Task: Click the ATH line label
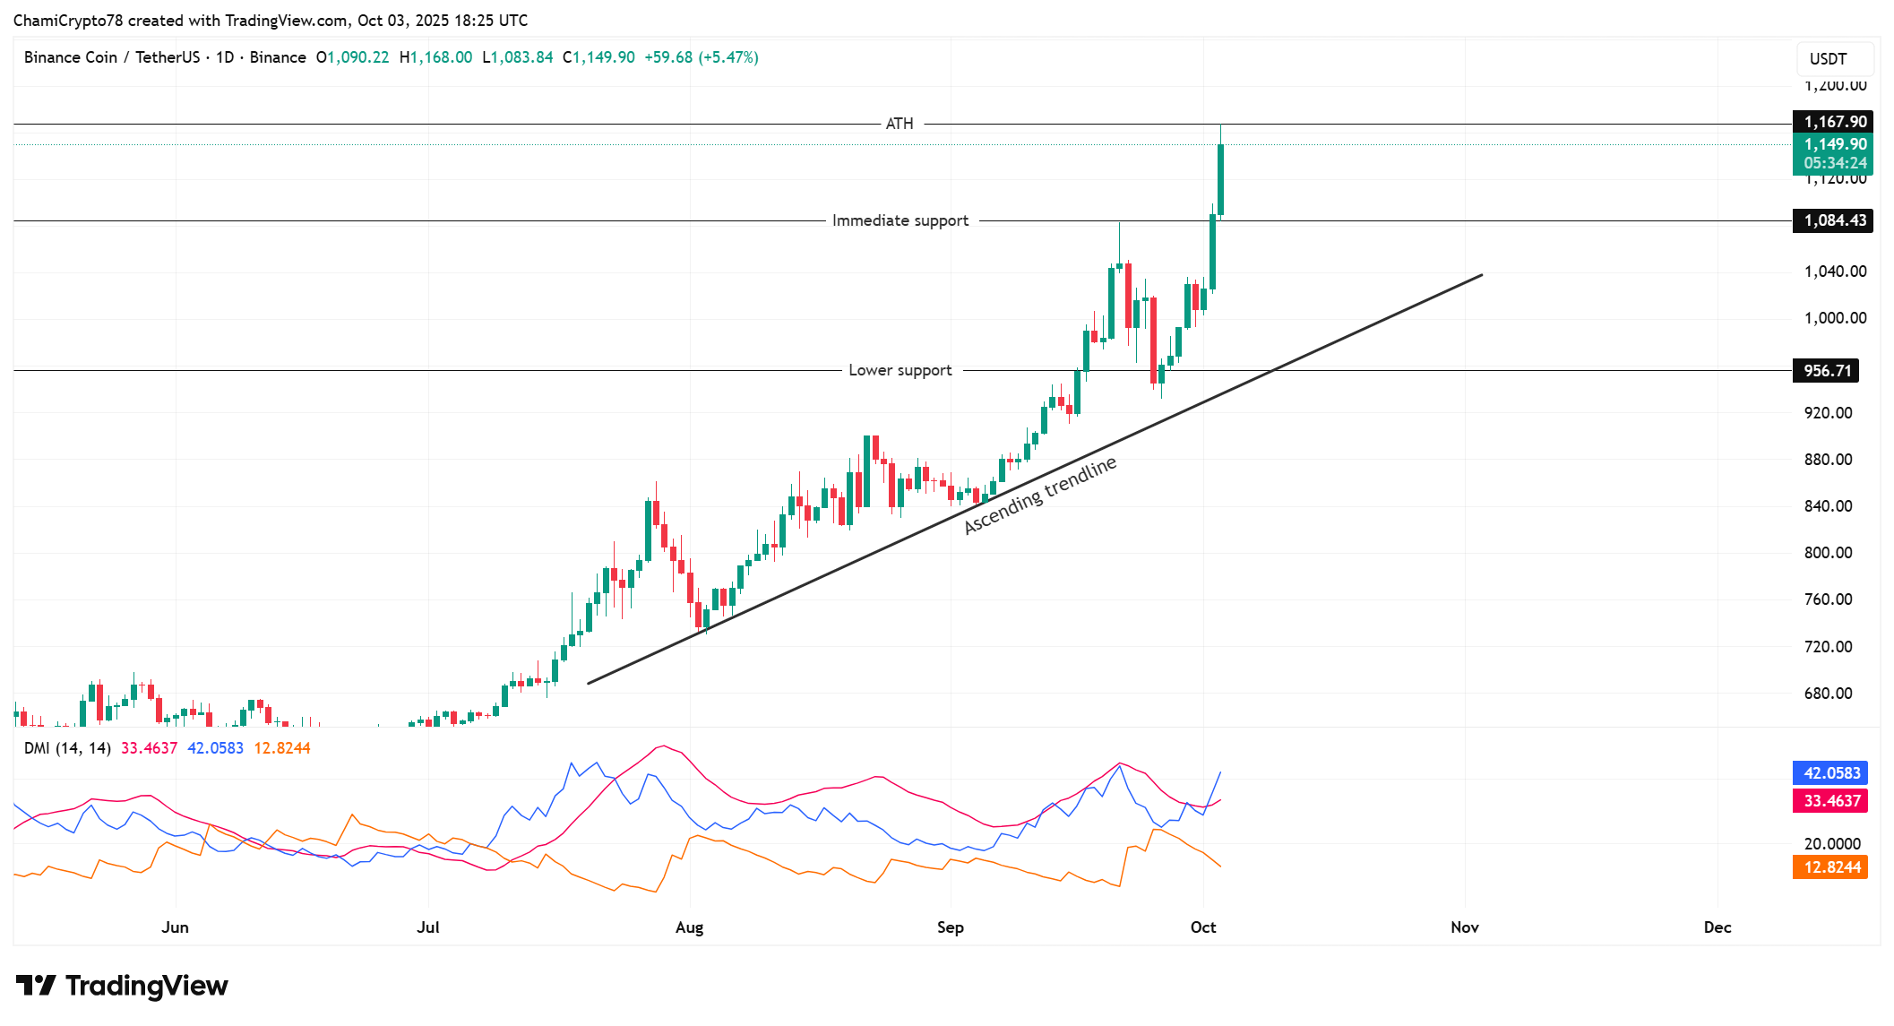(x=900, y=124)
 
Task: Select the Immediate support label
(x=900, y=220)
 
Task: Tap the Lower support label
(x=900, y=370)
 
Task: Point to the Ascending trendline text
(x=1040, y=495)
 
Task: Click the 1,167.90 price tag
(x=1835, y=122)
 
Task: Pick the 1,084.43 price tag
(x=1835, y=220)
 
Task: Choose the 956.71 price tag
(x=1827, y=371)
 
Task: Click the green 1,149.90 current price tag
(x=1835, y=144)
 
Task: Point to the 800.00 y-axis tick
(x=1828, y=553)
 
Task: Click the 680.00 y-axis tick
(x=1828, y=694)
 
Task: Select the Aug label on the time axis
(x=689, y=927)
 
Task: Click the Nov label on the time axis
(x=1464, y=927)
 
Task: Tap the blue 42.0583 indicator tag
(x=1831, y=773)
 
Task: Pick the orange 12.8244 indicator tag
(x=1831, y=867)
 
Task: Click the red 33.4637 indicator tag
(x=1831, y=801)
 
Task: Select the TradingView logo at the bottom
(x=122, y=986)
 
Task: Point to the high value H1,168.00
(x=435, y=57)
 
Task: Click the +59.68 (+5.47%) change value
(x=702, y=57)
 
